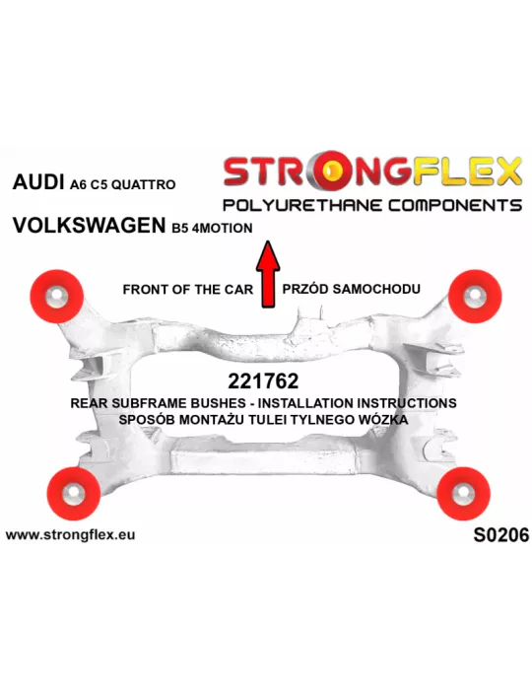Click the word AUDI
pos(38,181)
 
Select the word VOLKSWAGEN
pos(89,226)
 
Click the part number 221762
pos(263,381)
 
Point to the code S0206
pos(501,535)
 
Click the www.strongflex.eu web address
pos(70,534)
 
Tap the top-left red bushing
pos(57,296)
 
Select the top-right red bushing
pos(475,296)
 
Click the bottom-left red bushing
pos(74,493)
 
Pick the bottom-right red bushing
pos(463,493)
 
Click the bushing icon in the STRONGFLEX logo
pos(335,171)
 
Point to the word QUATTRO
pos(143,185)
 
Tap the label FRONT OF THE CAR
pos(188,290)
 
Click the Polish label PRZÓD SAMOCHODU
pos(351,289)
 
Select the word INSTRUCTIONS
pos(407,403)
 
